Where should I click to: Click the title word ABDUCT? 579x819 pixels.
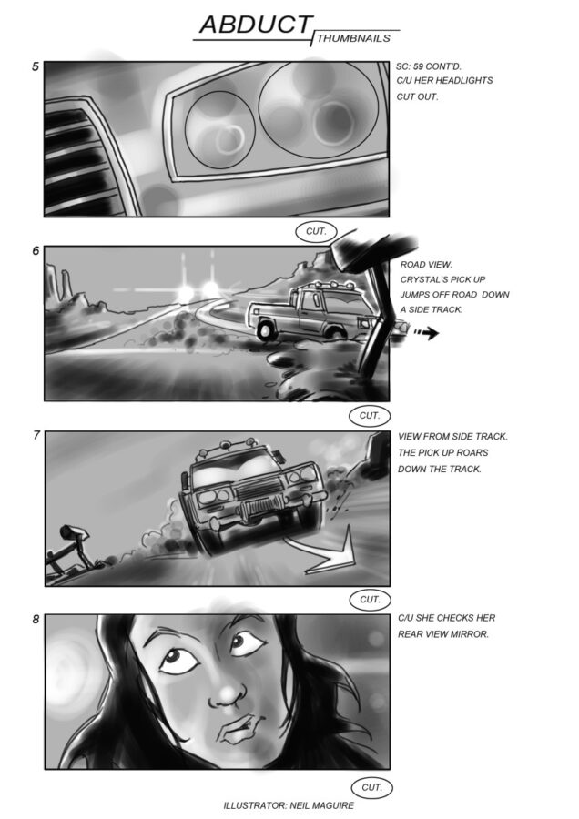click(256, 25)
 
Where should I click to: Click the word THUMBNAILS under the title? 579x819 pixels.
click(353, 38)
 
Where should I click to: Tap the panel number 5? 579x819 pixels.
click(36, 66)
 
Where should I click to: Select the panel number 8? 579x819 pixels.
click(36, 620)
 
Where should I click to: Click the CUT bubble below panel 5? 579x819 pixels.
click(316, 231)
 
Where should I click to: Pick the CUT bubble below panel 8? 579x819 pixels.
click(371, 787)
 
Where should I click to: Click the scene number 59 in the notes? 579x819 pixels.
click(418, 66)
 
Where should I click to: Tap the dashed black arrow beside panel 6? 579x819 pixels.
click(426, 332)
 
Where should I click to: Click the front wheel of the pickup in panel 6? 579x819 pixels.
click(266, 329)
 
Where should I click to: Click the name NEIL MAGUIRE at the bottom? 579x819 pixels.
click(320, 805)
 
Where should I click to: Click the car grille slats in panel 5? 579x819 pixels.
click(78, 162)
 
